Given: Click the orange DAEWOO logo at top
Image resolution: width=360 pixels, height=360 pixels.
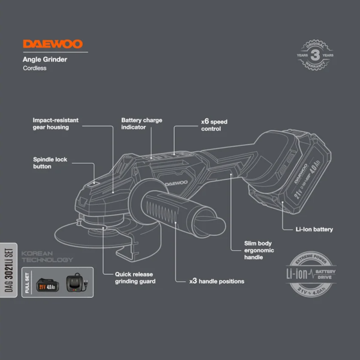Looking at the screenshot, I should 53,44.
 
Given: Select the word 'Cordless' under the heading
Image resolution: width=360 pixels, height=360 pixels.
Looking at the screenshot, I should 34,68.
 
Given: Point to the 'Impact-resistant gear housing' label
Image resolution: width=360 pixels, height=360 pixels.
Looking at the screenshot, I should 51,124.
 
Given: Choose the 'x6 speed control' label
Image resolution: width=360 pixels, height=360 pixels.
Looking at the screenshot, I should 214,125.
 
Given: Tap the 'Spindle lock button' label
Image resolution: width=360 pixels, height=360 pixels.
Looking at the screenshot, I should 50,163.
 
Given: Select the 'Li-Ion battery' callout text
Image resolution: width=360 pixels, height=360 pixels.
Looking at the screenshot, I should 314,229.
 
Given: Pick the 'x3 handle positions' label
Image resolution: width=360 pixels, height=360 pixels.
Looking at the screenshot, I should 217,280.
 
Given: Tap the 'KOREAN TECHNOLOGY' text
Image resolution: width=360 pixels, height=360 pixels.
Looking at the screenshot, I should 47,257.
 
